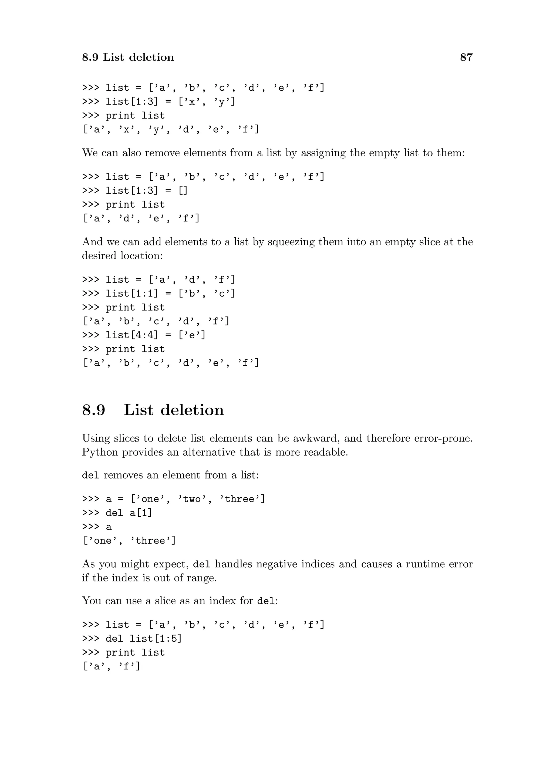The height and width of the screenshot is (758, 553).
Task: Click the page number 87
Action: (x=466, y=57)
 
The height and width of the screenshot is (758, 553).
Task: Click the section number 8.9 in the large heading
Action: (x=94, y=410)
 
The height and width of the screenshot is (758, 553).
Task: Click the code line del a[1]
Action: (x=129, y=513)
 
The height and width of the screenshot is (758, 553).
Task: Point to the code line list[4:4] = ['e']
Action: (x=155, y=335)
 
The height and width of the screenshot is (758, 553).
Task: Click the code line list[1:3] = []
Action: (x=146, y=190)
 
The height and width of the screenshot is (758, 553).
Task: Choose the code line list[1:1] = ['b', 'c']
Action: (x=170, y=294)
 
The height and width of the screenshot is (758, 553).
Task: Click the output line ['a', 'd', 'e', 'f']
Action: (x=141, y=218)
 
